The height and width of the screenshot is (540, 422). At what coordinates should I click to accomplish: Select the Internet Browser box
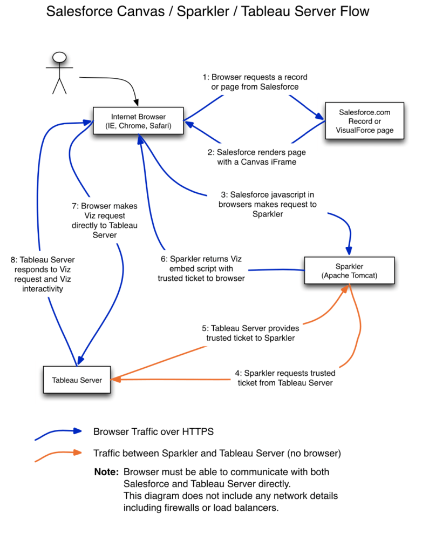tap(138, 122)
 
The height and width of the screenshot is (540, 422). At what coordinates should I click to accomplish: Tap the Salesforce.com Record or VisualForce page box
tap(364, 121)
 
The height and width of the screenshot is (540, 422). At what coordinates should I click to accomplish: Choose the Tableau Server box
tap(77, 380)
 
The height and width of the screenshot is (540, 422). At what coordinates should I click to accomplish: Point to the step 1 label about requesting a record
tap(255, 82)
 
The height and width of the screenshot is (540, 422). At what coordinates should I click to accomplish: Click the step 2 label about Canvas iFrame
tap(256, 157)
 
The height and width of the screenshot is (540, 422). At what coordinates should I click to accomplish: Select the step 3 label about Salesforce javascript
tap(267, 204)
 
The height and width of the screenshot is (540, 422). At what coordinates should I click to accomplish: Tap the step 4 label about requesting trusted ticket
tap(285, 378)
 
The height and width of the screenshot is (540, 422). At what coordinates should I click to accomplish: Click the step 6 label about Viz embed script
tap(201, 268)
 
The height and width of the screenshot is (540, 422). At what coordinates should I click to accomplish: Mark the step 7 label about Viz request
tap(105, 220)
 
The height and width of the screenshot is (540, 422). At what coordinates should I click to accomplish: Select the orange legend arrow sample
tap(58, 455)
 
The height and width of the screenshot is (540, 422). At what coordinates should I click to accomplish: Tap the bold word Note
tap(106, 472)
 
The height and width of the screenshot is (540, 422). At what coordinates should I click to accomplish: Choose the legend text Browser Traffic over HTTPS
tap(153, 431)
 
